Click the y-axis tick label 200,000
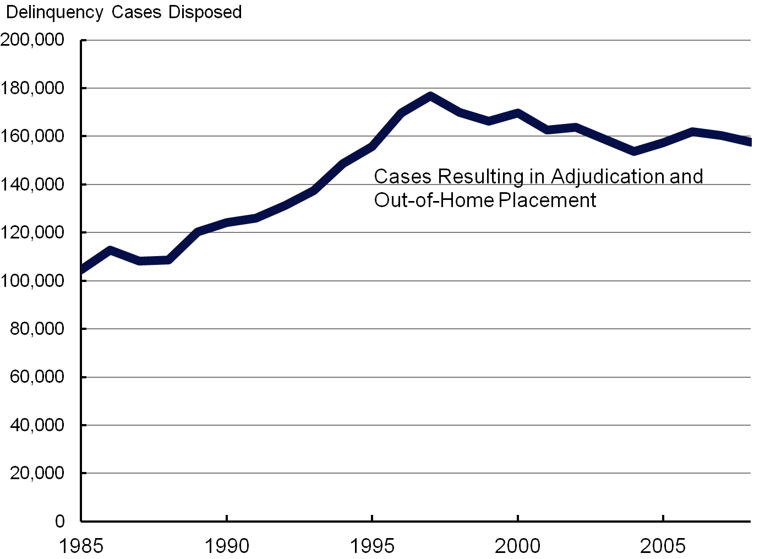(33, 40)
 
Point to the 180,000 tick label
(33, 88)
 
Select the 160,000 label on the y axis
(33, 136)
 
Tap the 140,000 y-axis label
(33, 184)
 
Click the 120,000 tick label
(33, 232)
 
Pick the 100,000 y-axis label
(33, 281)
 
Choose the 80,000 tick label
(37, 329)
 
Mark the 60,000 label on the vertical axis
(37, 377)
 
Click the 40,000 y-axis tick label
(37, 425)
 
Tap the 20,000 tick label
(37, 473)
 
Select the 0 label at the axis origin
(59, 521)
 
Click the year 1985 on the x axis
(81, 546)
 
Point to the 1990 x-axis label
(227, 546)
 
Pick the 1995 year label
(373, 546)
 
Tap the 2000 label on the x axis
(518, 546)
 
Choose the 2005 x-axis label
(663, 546)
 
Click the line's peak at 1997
(430, 96)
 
